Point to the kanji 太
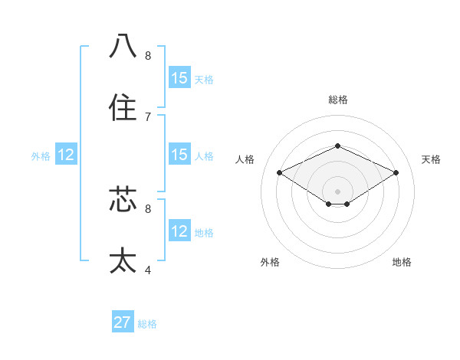(x=123, y=260)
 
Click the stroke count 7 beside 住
(x=147, y=117)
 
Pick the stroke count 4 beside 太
(x=147, y=270)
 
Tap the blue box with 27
(x=123, y=322)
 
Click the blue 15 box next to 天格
(x=179, y=78)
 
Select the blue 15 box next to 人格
(x=179, y=155)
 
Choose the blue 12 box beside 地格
(x=179, y=231)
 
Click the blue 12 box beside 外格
(x=66, y=155)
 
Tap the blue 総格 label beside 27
(x=147, y=324)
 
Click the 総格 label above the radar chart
(x=337, y=100)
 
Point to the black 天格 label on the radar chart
(x=431, y=159)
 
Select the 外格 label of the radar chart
(x=270, y=262)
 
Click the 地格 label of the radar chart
(x=402, y=262)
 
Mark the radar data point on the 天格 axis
(x=396, y=172)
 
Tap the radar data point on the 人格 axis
(x=280, y=172)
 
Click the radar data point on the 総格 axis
(x=337, y=146)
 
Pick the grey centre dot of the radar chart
(x=337, y=191)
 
